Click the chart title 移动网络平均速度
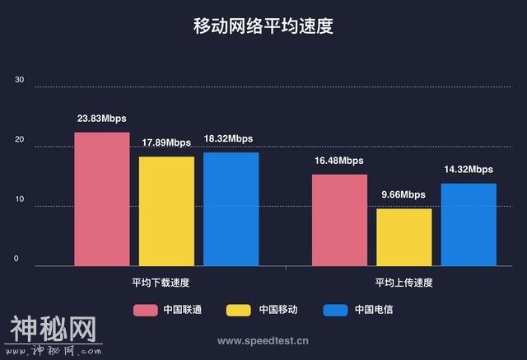point(263,26)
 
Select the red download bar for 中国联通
point(102,199)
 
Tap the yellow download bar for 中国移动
point(166,211)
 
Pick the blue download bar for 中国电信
point(231,208)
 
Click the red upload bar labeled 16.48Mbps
point(339,220)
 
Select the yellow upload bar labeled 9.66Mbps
point(403,237)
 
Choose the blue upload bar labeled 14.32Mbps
point(469,224)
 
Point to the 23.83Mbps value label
point(102,119)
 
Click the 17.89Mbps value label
point(166,143)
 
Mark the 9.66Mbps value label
point(403,194)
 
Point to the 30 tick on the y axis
point(20,81)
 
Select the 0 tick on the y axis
point(16,259)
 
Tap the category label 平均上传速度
point(403,282)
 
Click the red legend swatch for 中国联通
point(146,310)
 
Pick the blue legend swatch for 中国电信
point(335,310)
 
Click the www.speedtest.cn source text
point(263,339)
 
